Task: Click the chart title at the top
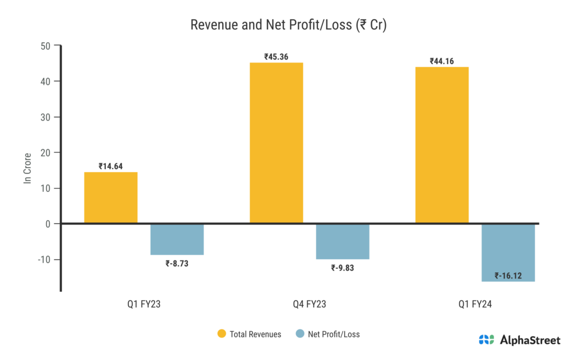tap(287, 25)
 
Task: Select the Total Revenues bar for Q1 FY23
tap(111, 198)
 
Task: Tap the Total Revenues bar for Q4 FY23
tap(276, 143)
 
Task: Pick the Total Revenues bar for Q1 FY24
tap(442, 145)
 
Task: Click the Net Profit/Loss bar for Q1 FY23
tap(177, 239)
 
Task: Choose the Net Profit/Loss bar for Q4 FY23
tap(343, 241)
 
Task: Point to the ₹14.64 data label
tap(111, 166)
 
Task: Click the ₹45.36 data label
tap(276, 57)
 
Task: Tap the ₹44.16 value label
tap(442, 61)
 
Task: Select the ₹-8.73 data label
tap(177, 263)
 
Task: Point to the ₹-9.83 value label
tap(343, 268)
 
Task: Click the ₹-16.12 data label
tap(508, 276)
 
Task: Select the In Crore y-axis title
tap(27, 167)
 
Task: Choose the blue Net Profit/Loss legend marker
tap(299, 334)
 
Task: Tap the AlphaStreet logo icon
tap(487, 340)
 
